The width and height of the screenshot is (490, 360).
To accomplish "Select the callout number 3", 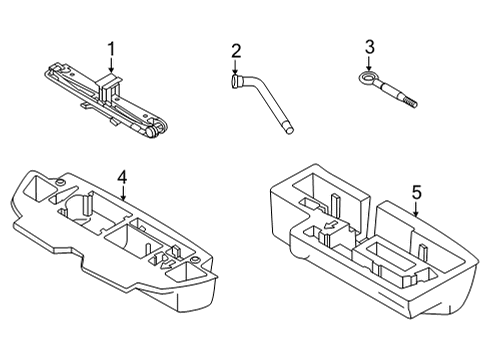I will pyautogui.click(x=369, y=47).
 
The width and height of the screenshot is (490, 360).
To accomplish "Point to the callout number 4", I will pyautogui.click(x=122, y=177).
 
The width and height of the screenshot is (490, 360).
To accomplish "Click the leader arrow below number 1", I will pyautogui.click(x=111, y=65).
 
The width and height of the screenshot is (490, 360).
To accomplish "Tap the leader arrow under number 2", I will pyautogui.click(x=236, y=68).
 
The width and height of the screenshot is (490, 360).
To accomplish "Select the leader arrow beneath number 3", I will pyautogui.click(x=369, y=62).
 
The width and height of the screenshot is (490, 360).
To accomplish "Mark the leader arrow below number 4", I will pyautogui.click(x=122, y=193).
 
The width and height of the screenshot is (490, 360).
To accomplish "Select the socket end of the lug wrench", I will pyautogui.click(x=237, y=84).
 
